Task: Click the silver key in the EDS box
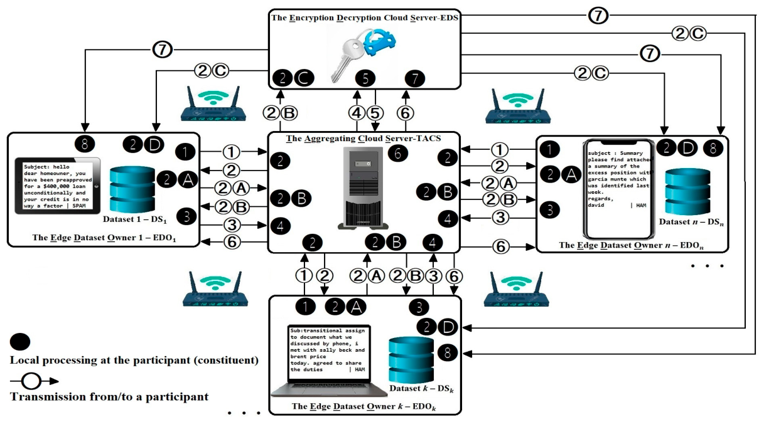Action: tap(345, 60)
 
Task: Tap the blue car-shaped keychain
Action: tap(380, 41)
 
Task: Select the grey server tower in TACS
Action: tap(363, 187)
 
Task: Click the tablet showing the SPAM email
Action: tap(58, 186)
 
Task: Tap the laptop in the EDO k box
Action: tap(329, 361)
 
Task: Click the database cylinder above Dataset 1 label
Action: tap(132, 189)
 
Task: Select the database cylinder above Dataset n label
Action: tap(687, 191)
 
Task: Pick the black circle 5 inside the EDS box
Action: tap(365, 78)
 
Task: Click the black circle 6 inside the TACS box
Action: tap(397, 154)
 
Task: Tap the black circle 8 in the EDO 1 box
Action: tap(85, 144)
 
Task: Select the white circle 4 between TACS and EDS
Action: tap(357, 113)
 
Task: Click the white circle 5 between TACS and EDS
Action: tap(375, 113)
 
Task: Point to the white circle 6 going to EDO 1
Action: tap(232, 242)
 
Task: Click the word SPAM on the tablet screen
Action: tap(79, 206)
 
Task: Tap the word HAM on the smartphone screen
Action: tap(641, 205)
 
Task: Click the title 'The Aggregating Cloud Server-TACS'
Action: tap(363, 139)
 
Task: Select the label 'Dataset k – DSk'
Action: tap(422, 389)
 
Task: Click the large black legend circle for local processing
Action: tap(20, 342)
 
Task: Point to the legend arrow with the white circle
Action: tap(34, 381)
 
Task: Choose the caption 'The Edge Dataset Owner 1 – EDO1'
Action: tap(104, 238)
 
